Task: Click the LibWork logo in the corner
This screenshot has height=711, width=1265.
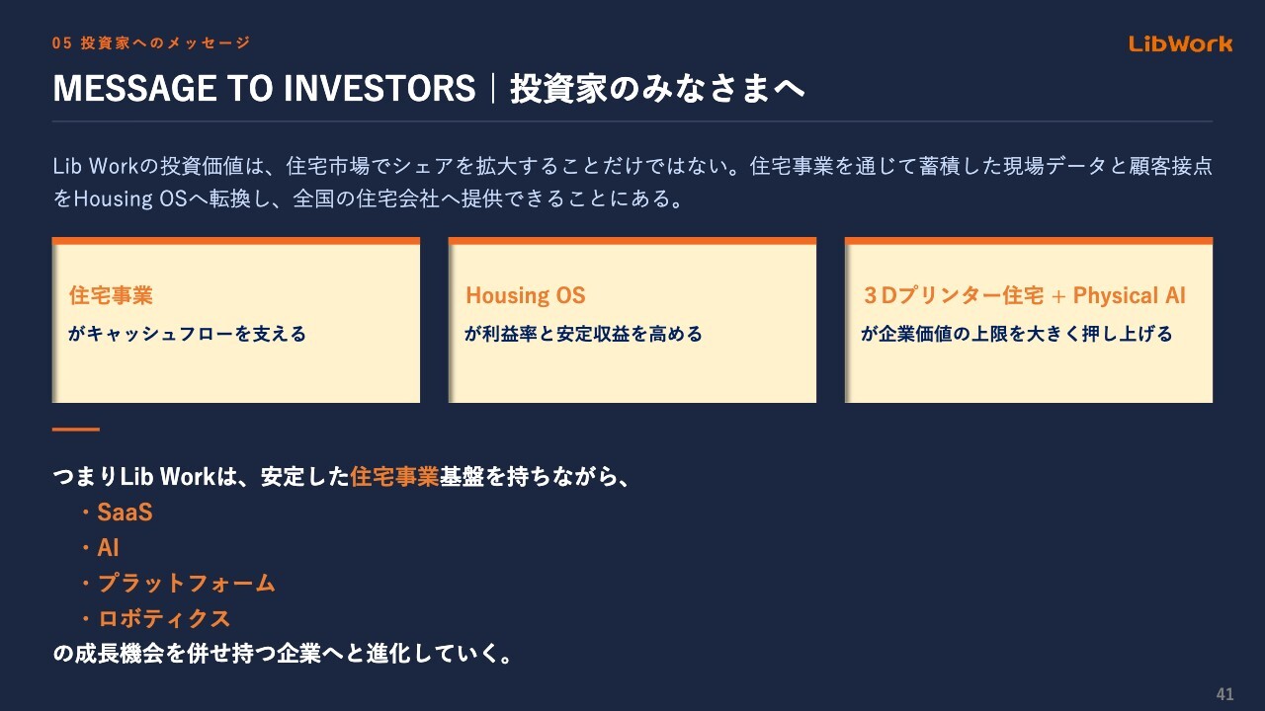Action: point(1180,43)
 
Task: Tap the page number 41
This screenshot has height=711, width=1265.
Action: point(1224,693)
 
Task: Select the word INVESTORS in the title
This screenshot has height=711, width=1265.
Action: point(379,89)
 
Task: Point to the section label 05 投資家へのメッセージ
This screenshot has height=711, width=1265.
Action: point(151,42)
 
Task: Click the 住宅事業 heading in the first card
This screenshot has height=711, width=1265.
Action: point(111,295)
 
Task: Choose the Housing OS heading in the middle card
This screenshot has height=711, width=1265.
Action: point(525,295)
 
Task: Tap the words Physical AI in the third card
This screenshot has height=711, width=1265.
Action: point(1129,295)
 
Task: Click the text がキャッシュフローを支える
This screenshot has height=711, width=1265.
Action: point(187,334)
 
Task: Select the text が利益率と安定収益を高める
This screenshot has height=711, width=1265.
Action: point(583,334)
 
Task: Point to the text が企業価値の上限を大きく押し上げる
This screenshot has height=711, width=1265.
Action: point(1017,334)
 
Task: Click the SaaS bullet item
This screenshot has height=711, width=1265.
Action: point(125,513)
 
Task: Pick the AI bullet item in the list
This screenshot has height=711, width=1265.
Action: point(108,548)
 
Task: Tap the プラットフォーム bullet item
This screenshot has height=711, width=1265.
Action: point(187,583)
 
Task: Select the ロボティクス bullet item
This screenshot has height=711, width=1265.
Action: point(164,618)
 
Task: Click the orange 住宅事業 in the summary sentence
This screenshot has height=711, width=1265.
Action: point(394,477)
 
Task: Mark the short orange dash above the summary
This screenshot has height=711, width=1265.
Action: point(76,430)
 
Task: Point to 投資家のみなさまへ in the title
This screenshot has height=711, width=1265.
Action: point(657,89)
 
